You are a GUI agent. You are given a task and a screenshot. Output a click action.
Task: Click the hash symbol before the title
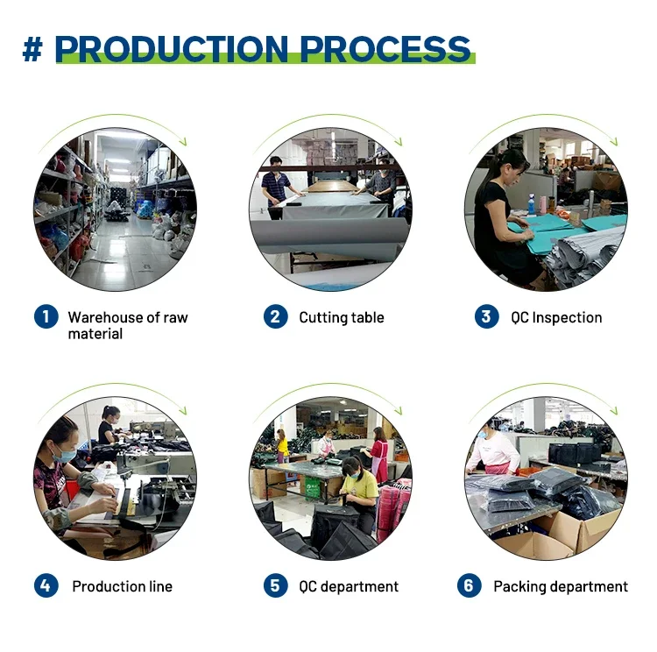pos(32,49)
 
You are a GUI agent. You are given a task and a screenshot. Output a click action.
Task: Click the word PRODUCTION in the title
pos(172,49)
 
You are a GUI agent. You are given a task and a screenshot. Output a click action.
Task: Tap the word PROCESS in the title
pos(385,49)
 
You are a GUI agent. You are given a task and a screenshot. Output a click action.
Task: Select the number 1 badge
pos(46,316)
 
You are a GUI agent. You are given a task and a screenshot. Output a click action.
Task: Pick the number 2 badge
pos(275,316)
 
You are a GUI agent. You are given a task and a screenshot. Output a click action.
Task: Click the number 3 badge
pos(486,316)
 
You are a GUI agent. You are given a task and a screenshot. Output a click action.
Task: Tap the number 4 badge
pos(46,585)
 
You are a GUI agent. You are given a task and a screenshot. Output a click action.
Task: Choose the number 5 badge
pos(275,585)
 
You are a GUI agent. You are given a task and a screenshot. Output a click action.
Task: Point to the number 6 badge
pos(469,585)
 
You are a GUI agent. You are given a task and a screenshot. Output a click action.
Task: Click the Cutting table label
pos(342,317)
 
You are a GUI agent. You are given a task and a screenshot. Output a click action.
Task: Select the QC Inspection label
pos(556,318)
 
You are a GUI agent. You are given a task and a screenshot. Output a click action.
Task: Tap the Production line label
pos(123,586)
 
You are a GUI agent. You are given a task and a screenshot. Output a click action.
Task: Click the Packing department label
pos(561,586)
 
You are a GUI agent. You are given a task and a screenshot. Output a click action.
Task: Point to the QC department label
pos(349,586)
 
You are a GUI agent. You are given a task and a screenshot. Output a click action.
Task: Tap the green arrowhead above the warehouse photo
pos(183,142)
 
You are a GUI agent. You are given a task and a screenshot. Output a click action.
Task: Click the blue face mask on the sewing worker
pos(65,455)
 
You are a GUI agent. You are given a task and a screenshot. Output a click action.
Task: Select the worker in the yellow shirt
pos(359,492)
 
